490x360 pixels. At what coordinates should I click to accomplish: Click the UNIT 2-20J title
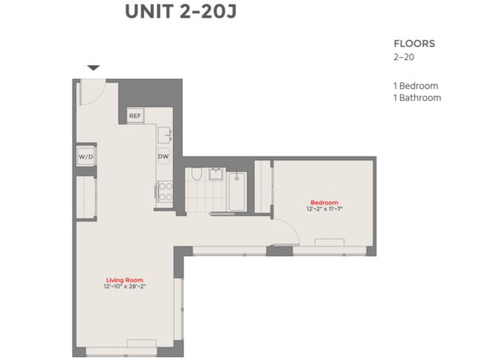(x=180, y=12)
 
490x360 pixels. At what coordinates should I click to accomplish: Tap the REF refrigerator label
(x=135, y=116)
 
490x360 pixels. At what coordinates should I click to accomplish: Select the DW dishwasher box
(x=163, y=157)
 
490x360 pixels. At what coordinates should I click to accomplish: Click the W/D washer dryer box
(x=85, y=157)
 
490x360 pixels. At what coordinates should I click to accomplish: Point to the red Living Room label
(x=125, y=280)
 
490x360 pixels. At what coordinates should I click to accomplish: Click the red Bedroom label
(x=324, y=203)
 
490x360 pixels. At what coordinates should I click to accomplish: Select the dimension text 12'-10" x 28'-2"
(x=125, y=287)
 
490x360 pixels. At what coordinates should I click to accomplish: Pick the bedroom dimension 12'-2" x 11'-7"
(x=324, y=209)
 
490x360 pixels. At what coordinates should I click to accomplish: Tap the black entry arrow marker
(x=94, y=68)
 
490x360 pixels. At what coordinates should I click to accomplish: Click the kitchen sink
(x=165, y=135)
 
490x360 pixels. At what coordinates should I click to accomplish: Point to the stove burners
(x=166, y=192)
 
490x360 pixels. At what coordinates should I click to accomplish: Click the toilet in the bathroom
(x=197, y=174)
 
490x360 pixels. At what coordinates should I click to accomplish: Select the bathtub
(x=237, y=192)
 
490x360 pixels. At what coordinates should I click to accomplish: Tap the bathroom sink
(x=216, y=174)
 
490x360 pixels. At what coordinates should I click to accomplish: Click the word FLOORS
(x=414, y=44)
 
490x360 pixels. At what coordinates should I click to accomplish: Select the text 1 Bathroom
(x=417, y=98)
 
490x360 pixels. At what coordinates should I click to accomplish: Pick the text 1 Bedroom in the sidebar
(x=416, y=86)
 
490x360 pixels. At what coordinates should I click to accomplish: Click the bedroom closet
(x=263, y=187)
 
